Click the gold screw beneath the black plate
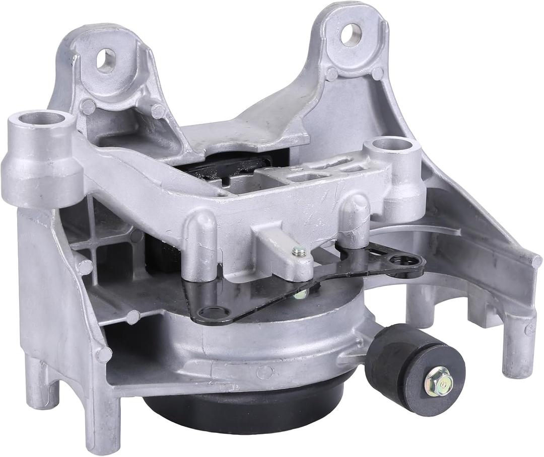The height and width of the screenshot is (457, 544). point(301,294)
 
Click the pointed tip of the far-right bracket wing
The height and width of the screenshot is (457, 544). point(537,261)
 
